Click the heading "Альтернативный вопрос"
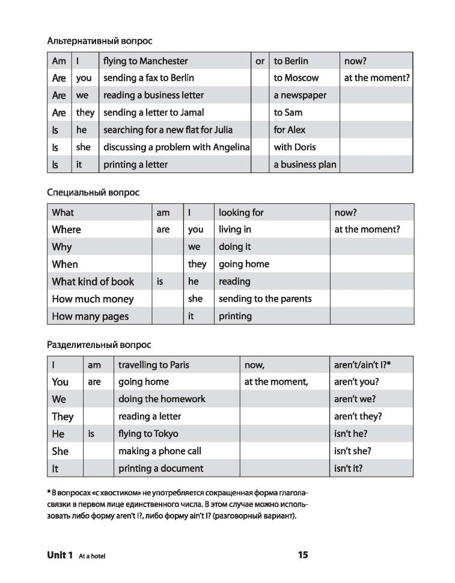pyautogui.click(x=99, y=41)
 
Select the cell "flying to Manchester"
pyautogui.click(x=145, y=61)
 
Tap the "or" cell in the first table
pyautogui.click(x=260, y=61)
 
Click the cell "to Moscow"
pyautogui.click(x=296, y=78)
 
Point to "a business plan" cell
pyautogui.click(x=305, y=164)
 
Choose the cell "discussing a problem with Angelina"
pyautogui.click(x=176, y=147)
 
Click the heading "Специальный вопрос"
pyautogui.click(x=93, y=193)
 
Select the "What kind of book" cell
pyautogui.click(x=93, y=281)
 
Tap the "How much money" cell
pyautogui.click(x=93, y=299)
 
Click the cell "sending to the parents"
pyautogui.click(x=265, y=299)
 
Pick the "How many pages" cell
pyautogui.click(x=90, y=316)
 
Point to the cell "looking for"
pyautogui.click(x=241, y=212)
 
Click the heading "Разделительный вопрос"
pyautogui.click(x=99, y=345)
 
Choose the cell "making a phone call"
pyautogui.click(x=159, y=451)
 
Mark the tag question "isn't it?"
pyautogui.click(x=350, y=468)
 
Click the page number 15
pyautogui.click(x=302, y=555)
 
